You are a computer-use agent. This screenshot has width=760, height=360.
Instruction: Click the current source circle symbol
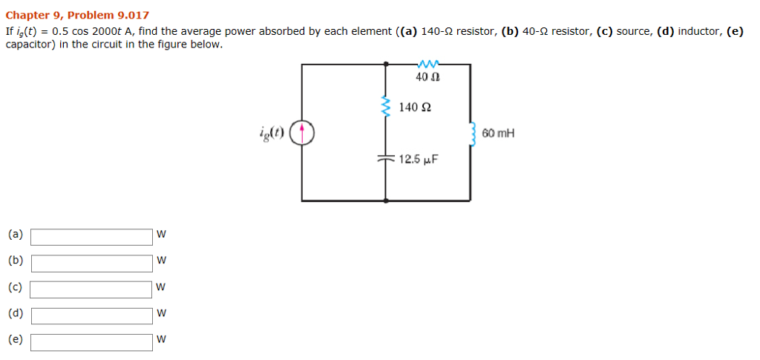click(302, 133)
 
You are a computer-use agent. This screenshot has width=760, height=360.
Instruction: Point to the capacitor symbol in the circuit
click(385, 158)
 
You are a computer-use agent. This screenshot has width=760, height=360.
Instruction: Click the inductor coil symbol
click(471, 134)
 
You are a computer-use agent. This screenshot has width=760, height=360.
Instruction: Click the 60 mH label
click(497, 134)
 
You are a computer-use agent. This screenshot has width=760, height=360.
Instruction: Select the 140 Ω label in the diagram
click(415, 108)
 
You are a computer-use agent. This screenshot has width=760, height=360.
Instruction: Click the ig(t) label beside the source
click(271, 132)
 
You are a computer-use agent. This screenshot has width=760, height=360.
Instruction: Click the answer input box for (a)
click(91, 237)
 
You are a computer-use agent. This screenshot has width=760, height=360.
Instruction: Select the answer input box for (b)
click(91, 263)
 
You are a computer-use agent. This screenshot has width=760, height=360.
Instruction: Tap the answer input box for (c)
click(91, 289)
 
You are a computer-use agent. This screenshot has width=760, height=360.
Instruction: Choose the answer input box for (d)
click(91, 315)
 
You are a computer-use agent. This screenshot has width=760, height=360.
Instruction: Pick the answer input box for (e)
click(91, 341)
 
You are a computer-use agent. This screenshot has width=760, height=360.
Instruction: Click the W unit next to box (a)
click(162, 235)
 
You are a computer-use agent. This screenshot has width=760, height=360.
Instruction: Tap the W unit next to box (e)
click(162, 341)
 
